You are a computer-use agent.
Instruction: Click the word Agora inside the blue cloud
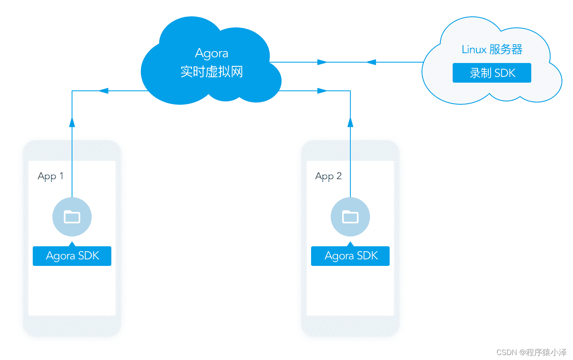[212, 54]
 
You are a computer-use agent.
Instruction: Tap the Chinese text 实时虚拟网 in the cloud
[212, 72]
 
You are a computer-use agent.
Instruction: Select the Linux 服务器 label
[492, 49]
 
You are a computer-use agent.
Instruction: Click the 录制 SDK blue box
[492, 73]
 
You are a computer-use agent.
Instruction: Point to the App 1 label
[50, 176]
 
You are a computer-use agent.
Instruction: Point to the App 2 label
[328, 176]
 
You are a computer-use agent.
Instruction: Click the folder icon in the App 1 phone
[72, 217]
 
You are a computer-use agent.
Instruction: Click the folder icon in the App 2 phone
[350, 217]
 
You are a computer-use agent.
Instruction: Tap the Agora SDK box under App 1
[72, 256]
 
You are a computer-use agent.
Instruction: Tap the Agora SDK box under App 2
[350, 256]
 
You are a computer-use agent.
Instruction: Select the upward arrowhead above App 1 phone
[72, 122]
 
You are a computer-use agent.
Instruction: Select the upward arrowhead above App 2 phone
[350, 122]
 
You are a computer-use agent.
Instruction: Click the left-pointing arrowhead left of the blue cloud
[104, 91]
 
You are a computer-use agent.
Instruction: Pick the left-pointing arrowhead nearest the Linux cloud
[371, 62]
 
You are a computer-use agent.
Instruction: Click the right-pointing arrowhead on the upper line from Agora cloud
[322, 62]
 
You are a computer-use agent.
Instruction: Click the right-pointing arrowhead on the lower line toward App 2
[322, 91]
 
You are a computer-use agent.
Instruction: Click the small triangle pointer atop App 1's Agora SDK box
[72, 244]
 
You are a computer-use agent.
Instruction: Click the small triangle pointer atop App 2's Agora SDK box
[350, 244]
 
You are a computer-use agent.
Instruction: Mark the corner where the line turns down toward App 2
[350, 91]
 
